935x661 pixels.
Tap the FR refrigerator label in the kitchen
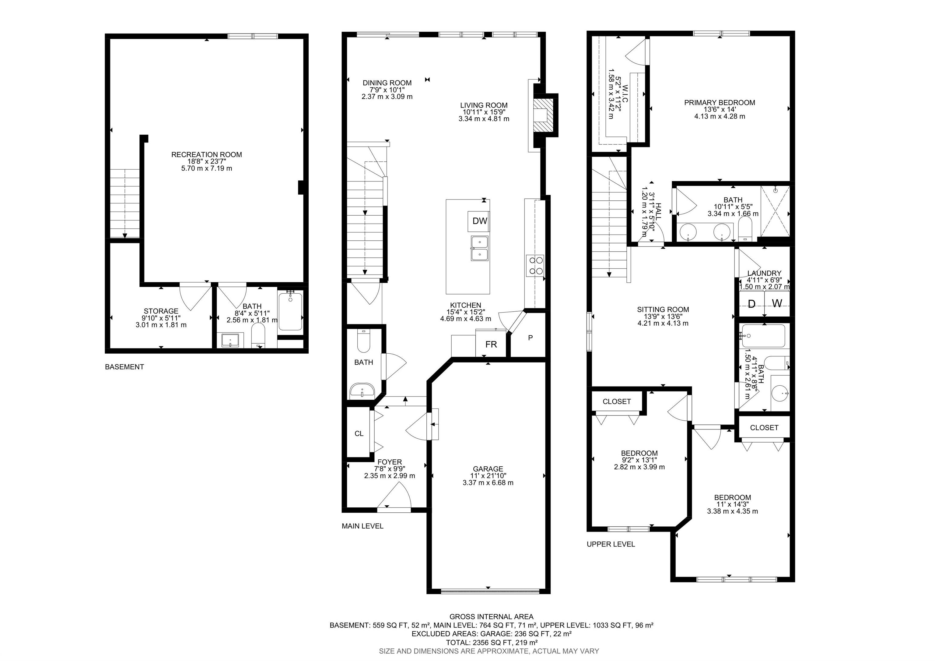click(491, 344)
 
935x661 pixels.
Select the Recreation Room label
click(206, 155)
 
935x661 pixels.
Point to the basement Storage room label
click(161, 311)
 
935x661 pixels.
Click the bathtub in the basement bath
click(290, 311)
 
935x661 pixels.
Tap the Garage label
click(488, 469)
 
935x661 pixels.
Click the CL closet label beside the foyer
click(359, 433)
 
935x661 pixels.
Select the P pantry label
click(530, 338)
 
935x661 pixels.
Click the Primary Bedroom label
click(720, 103)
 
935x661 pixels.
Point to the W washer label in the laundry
click(777, 304)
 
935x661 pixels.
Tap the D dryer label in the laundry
click(752, 304)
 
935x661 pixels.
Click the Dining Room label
click(387, 83)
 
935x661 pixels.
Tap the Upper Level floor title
click(611, 544)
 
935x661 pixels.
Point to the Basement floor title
click(124, 367)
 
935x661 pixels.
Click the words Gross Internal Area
click(492, 617)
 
